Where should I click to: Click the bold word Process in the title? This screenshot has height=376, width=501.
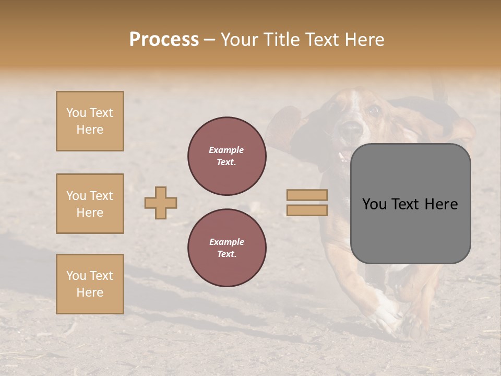[164, 40]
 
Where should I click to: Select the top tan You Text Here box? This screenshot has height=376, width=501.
[90, 121]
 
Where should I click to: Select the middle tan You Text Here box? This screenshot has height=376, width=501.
[90, 204]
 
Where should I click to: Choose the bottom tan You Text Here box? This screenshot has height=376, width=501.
[90, 284]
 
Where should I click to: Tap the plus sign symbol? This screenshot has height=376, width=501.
[161, 203]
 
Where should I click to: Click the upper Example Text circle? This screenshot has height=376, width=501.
[227, 156]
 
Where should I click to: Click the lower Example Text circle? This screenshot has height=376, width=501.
[227, 248]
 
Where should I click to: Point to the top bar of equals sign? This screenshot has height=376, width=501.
[307, 195]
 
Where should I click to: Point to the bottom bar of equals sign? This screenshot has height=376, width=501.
[307, 210]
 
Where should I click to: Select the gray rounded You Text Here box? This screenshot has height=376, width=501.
[410, 204]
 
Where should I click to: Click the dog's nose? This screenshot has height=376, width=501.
[351, 128]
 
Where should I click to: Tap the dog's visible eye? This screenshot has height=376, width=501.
[373, 110]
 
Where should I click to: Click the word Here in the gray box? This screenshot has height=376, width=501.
[441, 204]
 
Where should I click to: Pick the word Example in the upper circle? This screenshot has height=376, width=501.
[226, 150]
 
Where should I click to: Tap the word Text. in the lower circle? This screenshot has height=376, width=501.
[227, 254]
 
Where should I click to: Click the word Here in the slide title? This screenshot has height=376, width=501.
[364, 40]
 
